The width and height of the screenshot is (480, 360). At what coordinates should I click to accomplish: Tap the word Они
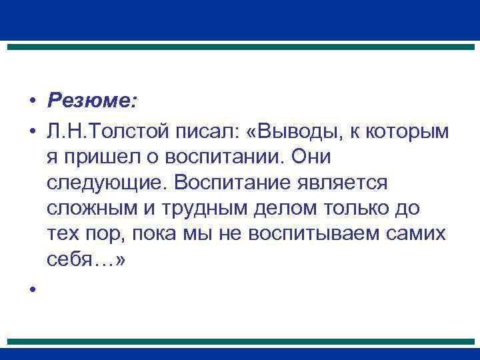click(309, 157)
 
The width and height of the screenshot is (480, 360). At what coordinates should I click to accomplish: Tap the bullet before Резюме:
click(31, 101)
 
